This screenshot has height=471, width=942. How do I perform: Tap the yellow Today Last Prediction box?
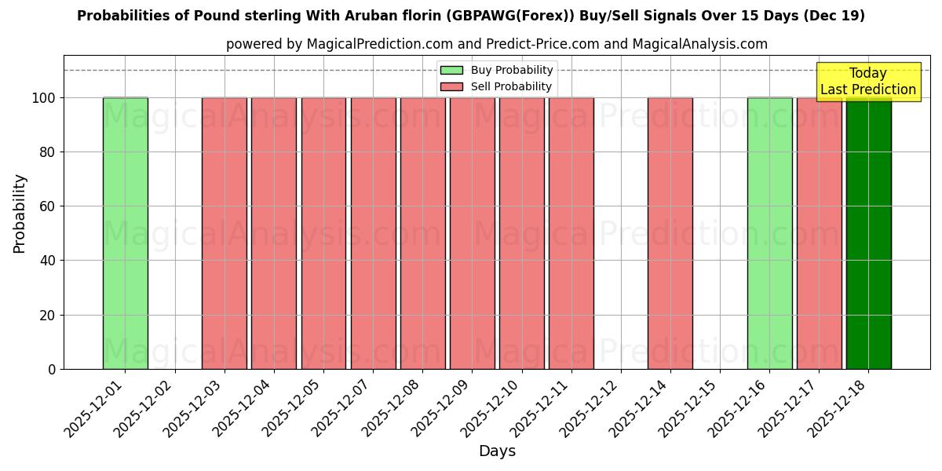pyautogui.click(x=867, y=82)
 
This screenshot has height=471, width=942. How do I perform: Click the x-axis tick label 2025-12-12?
pyautogui.click(x=591, y=408)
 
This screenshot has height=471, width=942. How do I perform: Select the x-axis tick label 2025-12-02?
pyautogui.click(x=145, y=408)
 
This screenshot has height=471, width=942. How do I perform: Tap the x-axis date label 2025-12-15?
pyautogui.click(x=690, y=408)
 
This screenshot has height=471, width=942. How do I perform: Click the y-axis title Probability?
pyautogui.click(x=20, y=213)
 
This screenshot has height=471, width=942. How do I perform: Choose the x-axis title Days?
pyautogui.click(x=497, y=451)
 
